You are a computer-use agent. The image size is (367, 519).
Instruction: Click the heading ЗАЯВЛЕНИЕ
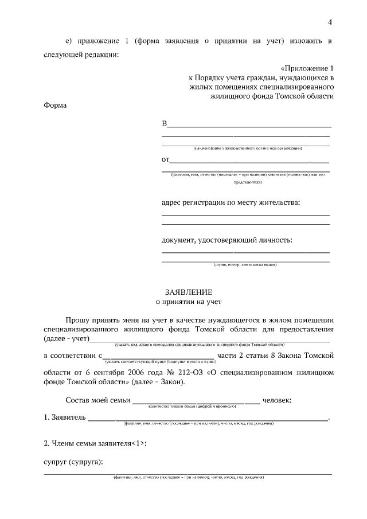(189, 291)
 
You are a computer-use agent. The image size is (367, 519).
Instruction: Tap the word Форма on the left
(55, 106)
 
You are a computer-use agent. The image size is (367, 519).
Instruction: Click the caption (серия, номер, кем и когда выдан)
(245, 265)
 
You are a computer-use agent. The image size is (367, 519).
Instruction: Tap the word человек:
(278, 399)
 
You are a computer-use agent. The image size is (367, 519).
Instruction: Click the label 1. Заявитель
(65, 417)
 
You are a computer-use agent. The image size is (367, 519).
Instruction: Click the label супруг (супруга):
(73, 462)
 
